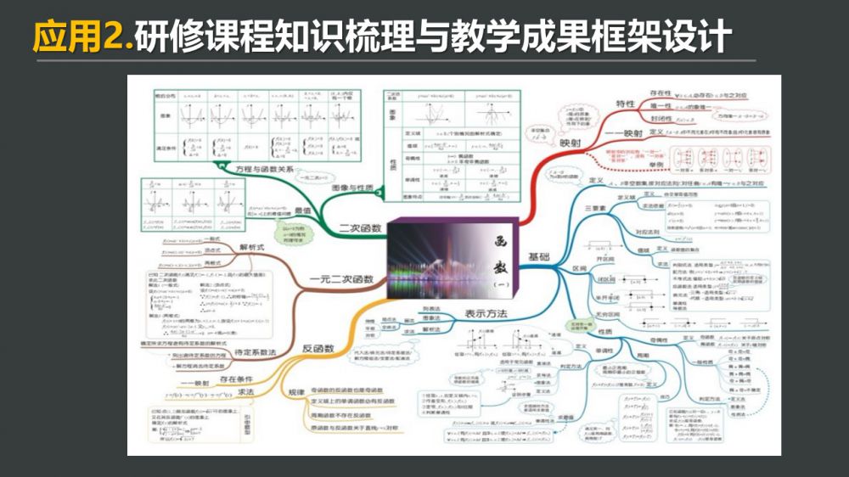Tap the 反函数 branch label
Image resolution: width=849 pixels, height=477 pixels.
(318, 348)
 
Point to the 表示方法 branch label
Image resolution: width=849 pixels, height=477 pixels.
(486, 314)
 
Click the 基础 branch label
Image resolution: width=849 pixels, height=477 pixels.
(539, 256)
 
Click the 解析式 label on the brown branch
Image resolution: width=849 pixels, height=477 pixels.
(252, 247)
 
